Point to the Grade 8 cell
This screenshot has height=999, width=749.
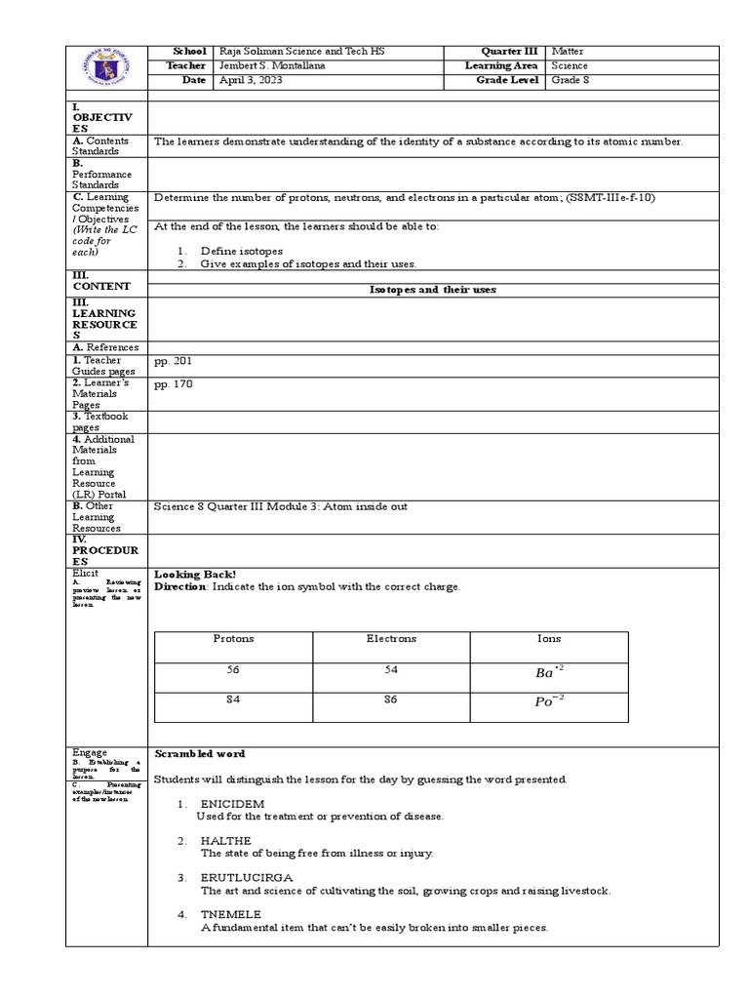click(571, 80)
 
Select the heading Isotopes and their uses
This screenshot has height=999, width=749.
click(433, 290)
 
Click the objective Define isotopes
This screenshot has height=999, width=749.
click(242, 251)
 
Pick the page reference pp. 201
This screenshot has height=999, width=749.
click(174, 361)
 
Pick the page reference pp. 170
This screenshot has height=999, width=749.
click(174, 384)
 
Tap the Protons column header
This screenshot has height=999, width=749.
click(233, 639)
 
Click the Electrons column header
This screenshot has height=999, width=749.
click(391, 639)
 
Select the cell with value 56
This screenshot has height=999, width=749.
click(233, 671)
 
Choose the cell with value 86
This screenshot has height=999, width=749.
click(391, 700)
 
